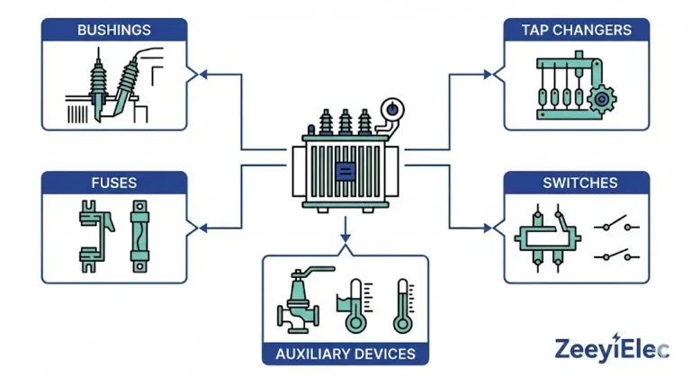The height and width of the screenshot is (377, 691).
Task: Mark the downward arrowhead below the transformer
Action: (x=345, y=240)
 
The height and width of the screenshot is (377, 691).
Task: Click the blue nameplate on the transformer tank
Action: (x=345, y=170)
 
